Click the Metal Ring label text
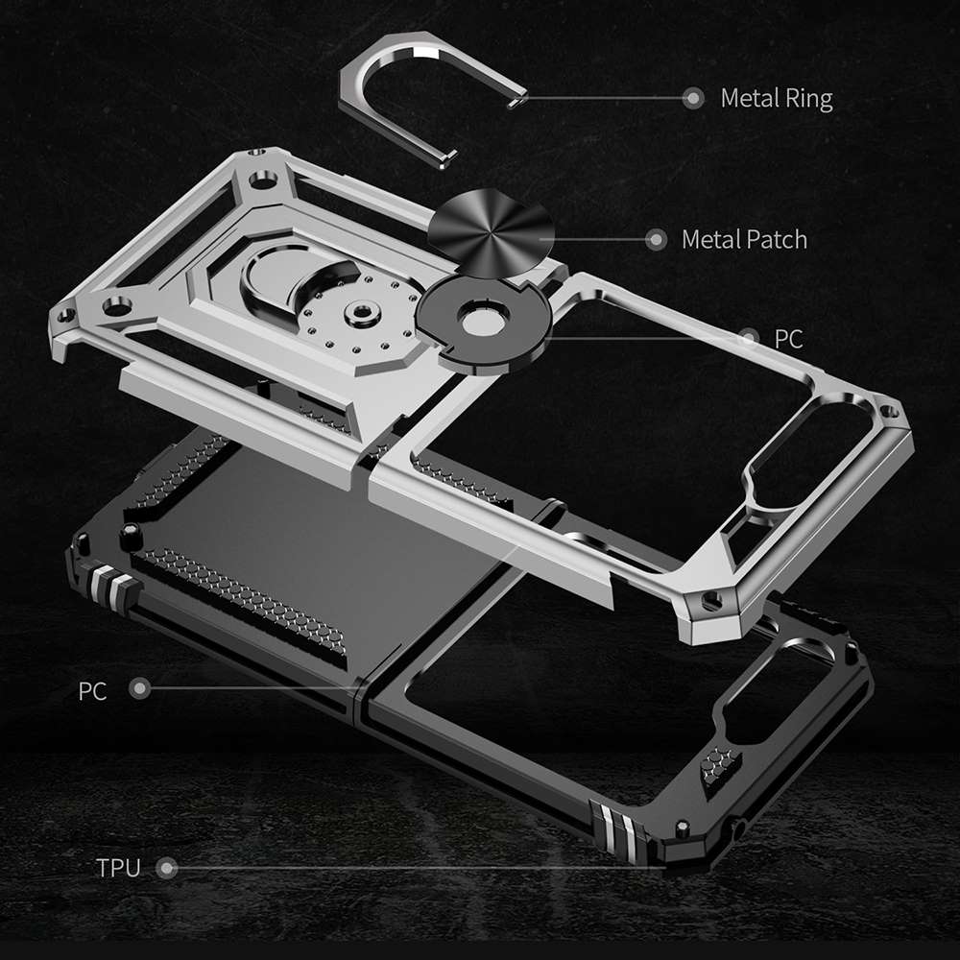776,98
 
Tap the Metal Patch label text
744,239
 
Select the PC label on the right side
788,338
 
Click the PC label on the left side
93,690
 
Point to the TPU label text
118,869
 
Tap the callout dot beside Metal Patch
656,239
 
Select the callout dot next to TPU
168,869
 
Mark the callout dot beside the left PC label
140,688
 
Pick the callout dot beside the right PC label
749,338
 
